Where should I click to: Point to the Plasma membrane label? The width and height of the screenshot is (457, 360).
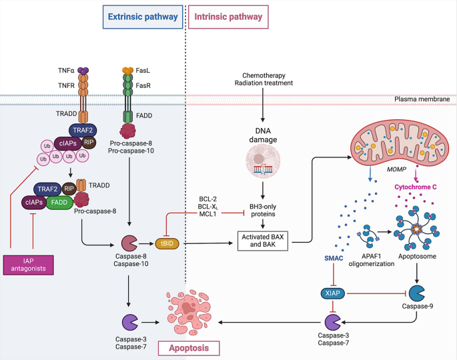point(425,99)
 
